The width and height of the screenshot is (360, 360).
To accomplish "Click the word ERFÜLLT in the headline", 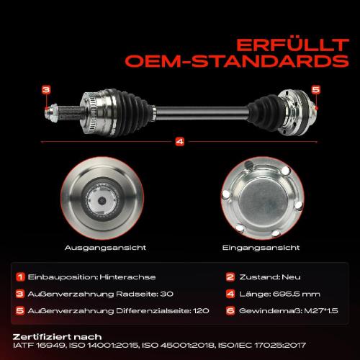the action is pyautogui.click(x=292, y=45).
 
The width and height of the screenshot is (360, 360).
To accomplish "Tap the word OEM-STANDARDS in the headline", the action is pyautogui.click(x=237, y=61).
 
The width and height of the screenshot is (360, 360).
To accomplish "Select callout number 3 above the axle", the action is pyautogui.click(x=46, y=90).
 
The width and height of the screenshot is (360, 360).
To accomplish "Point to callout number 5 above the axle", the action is pyautogui.click(x=316, y=89).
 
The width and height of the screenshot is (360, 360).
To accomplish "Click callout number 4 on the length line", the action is pyautogui.click(x=180, y=142).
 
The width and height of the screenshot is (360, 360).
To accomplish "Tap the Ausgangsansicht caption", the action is pyautogui.click(x=105, y=248).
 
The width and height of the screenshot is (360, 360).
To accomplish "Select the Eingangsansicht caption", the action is pyautogui.click(x=261, y=248).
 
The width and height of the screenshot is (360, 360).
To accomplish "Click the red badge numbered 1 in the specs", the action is pyautogui.click(x=20, y=277).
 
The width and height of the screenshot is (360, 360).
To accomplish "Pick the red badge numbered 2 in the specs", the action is pyautogui.click(x=230, y=277).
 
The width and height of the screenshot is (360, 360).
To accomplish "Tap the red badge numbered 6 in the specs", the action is pyautogui.click(x=230, y=311).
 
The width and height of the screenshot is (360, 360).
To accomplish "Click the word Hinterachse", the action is pyautogui.click(x=127, y=277).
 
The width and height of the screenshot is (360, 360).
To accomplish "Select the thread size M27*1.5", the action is pyautogui.click(x=321, y=311).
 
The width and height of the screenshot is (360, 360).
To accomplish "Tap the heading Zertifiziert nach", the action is pyautogui.click(x=57, y=337).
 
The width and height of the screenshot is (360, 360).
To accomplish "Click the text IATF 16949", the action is pyautogui.click(x=40, y=346).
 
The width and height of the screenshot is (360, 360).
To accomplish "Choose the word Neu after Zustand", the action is pyautogui.click(x=291, y=277).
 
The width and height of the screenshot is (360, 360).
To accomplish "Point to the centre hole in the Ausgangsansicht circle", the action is pyautogui.click(x=102, y=200).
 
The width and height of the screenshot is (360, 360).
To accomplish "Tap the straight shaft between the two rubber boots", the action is pyautogui.click(x=202, y=113).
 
